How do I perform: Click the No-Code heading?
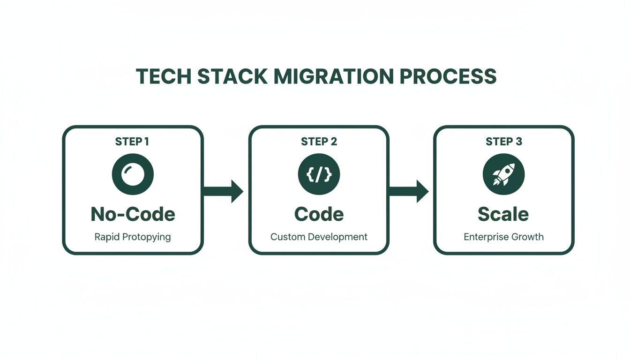133,214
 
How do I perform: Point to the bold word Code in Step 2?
319,214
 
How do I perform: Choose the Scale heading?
503,214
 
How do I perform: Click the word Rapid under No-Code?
106,237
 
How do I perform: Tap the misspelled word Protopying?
146,237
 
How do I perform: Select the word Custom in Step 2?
286,237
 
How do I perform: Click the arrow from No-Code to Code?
223,191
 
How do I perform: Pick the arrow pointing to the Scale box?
409,191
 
